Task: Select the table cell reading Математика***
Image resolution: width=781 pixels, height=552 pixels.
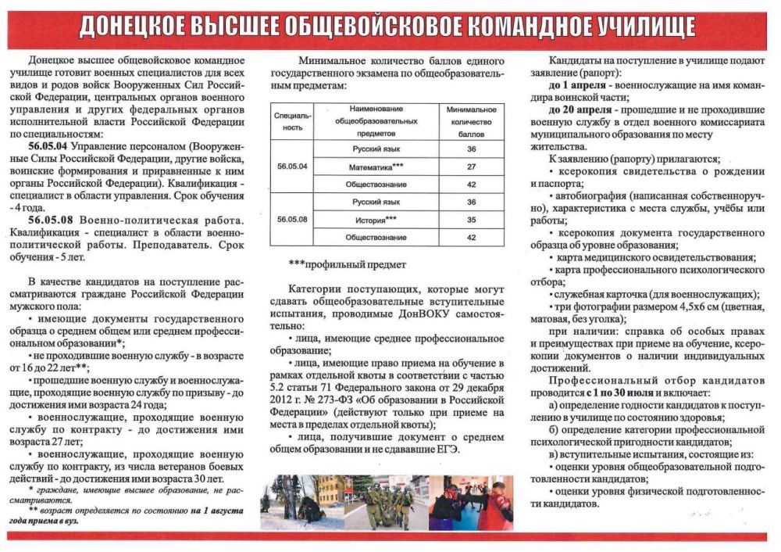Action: click(x=376, y=167)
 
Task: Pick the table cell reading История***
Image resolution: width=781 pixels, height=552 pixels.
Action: click(x=376, y=220)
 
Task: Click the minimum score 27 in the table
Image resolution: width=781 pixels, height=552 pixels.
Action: click(x=471, y=167)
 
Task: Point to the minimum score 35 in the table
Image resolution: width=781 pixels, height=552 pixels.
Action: click(x=471, y=220)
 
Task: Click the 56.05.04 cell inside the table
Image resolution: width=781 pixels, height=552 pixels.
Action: click(x=292, y=167)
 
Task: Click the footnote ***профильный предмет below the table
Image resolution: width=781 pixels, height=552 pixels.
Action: click(x=336, y=264)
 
